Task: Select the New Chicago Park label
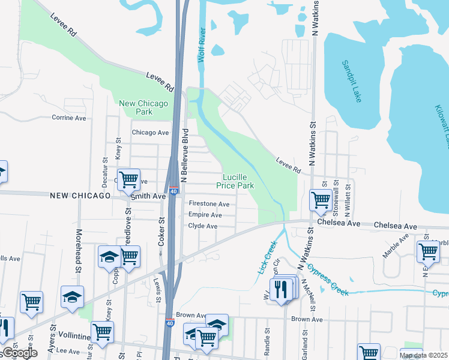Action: [144, 107]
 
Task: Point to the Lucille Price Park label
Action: [239, 181]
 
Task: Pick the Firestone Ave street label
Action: [209, 204]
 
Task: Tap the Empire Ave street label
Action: [206, 214]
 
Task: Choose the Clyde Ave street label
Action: [203, 226]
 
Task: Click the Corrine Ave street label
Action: [69, 118]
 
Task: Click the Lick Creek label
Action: [268, 257]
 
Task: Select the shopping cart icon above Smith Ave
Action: [128, 179]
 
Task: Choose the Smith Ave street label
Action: [149, 196]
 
